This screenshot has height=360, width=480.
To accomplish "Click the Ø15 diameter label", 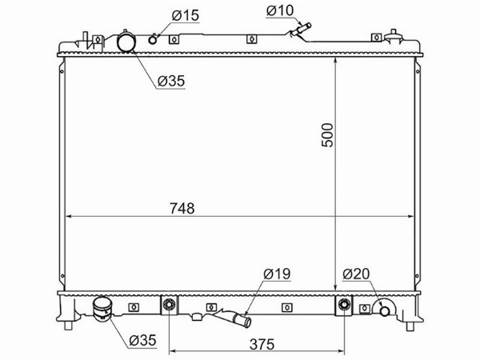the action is tap(186, 15).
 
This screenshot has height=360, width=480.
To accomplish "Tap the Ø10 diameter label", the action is tap(280, 10).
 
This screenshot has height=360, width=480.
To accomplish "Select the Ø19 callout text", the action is tap(277, 274).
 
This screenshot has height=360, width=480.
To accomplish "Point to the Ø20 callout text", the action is tap(356, 274).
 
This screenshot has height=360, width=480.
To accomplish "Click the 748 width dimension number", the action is tap(182, 209).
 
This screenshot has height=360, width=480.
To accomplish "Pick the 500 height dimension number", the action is tap(327, 135).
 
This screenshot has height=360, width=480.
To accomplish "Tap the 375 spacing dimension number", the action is tap(262, 344).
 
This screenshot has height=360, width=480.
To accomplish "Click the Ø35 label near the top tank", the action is tap(171, 81).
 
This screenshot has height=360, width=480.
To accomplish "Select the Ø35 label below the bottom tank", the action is tap(142, 341).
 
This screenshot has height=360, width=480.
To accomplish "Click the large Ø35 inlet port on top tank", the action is tap(126, 42).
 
